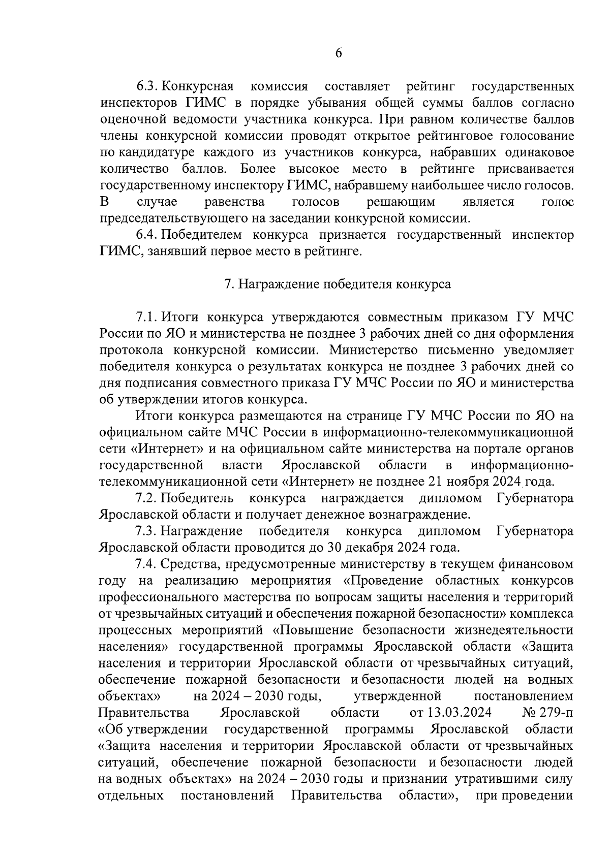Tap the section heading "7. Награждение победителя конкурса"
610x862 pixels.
coord(338,284)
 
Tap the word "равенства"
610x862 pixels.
coord(234,202)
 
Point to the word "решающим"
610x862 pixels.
coord(401,202)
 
